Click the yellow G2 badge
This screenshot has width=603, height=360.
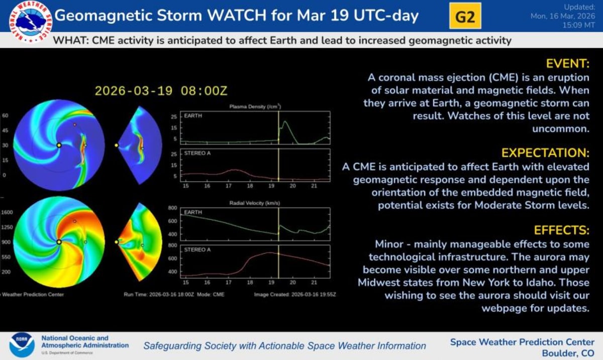pyautogui.click(x=465, y=17)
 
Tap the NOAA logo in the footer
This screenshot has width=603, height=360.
pyautogui.click(x=21, y=345)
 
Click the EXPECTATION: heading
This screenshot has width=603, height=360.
pyautogui.click(x=545, y=153)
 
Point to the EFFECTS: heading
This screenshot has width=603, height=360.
pyautogui.click(x=561, y=230)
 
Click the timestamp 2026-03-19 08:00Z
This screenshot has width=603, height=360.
pyautogui.click(x=161, y=91)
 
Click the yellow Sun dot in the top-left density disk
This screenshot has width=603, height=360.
pyautogui.click(x=59, y=145)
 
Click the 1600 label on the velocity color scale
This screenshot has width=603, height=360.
pyautogui.click(x=7, y=212)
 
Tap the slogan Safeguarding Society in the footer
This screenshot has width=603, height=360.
pyautogui.click(x=284, y=346)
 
